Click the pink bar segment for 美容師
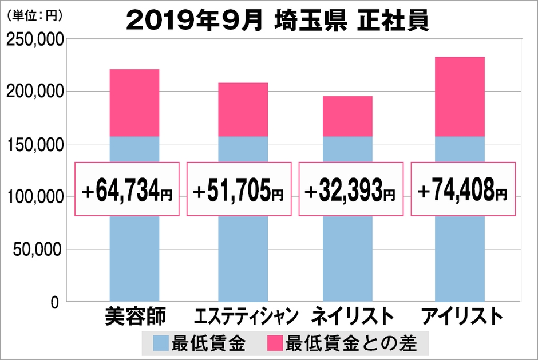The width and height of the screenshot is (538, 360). tap(134, 103)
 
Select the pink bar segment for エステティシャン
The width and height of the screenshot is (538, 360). tap(243, 109)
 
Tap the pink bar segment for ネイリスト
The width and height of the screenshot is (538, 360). tap(348, 116)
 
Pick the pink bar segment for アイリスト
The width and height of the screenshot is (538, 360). tap(460, 97)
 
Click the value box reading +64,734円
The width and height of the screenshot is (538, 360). tap(127, 189)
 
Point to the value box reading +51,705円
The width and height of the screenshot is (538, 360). tap(239, 189)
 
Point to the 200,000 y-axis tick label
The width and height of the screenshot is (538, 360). tap(35, 92)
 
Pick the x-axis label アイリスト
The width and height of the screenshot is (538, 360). tap(461, 316)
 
